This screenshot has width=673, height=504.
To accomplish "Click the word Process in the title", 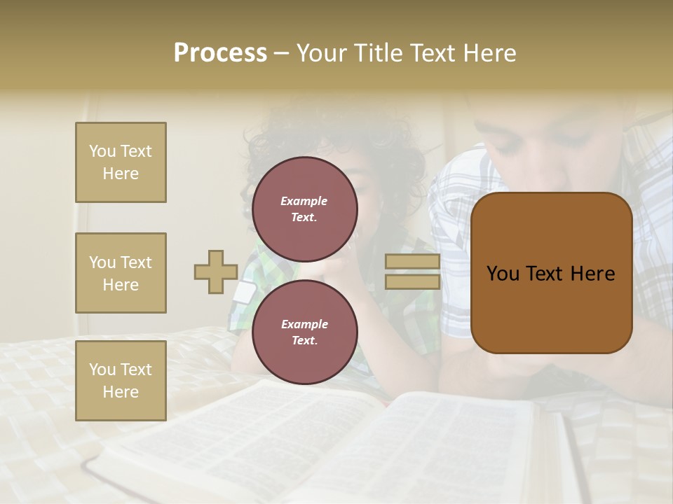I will pos(220,53).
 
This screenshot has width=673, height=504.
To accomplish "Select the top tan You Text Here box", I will pos(121,162).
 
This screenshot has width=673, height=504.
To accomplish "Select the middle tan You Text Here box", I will pos(121,273).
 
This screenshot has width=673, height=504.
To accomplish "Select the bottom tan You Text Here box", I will pos(121,380).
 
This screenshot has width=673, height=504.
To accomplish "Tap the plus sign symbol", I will pos(216,272).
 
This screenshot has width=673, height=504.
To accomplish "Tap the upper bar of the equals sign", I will pos(412,262).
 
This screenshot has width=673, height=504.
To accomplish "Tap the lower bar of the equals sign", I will pos(412,281).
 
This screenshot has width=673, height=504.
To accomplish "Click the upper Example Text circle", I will pos(304,209).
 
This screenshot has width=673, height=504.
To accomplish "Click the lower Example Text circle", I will pos(304,332).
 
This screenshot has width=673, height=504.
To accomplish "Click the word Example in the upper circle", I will pos(304,201).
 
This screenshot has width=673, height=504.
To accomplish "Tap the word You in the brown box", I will pos(503,274).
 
